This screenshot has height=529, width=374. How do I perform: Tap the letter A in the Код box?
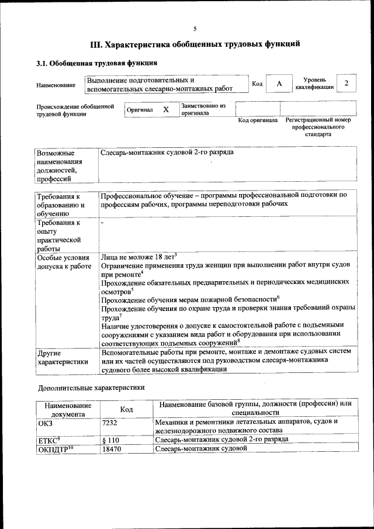click(x=279, y=84)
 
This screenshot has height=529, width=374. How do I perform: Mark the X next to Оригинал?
click(x=166, y=109)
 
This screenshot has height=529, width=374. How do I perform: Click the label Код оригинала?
click(x=258, y=120)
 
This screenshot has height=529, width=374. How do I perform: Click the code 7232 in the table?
click(x=110, y=421)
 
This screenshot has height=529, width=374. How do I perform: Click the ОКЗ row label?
click(x=45, y=421)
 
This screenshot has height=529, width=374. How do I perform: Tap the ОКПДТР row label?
click(x=51, y=448)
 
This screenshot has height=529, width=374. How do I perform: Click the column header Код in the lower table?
click(x=126, y=410)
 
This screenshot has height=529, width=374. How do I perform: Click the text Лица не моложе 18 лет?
click(x=137, y=257)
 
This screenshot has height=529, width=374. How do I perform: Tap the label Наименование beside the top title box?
click(x=56, y=85)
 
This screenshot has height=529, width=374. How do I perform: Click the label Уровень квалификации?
click(x=314, y=84)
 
